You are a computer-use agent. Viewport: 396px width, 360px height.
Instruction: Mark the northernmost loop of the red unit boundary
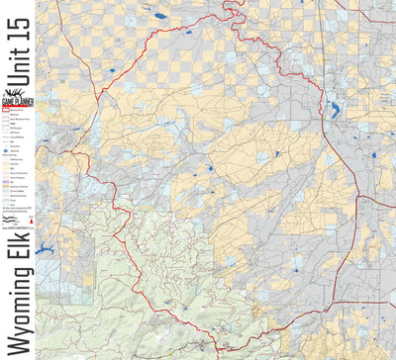[234, 7]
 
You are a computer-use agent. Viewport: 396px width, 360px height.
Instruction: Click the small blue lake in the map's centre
[210, 169]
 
